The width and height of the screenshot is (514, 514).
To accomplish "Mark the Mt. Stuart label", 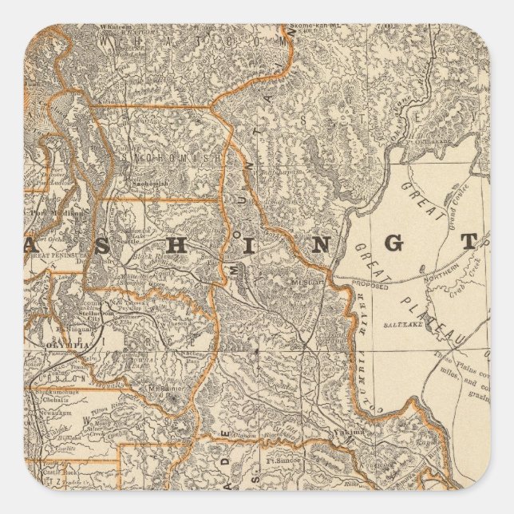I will coord(304,281).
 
